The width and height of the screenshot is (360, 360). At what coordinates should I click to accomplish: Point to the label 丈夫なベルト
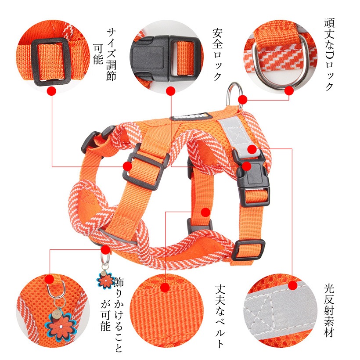[220, 317]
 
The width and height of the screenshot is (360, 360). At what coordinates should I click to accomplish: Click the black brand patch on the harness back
[191, 117]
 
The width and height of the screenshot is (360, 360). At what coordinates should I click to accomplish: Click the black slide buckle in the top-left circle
[50, 61]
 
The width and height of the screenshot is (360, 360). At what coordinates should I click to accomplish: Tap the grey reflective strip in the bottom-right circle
[281, 310]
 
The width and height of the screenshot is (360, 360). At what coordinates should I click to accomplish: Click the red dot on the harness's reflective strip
[252, 149]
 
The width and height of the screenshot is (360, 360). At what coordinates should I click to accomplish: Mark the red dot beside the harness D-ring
[243, 100]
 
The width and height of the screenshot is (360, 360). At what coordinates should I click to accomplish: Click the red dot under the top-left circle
[52, 91]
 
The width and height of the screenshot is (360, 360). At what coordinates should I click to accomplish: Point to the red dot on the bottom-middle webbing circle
[165, 288]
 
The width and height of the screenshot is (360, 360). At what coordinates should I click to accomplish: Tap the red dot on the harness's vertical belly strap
[206, 212]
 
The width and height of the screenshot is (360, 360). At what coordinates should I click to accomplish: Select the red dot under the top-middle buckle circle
[171, 91]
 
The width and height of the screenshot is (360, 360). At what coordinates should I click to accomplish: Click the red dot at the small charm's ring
[106, 249]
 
